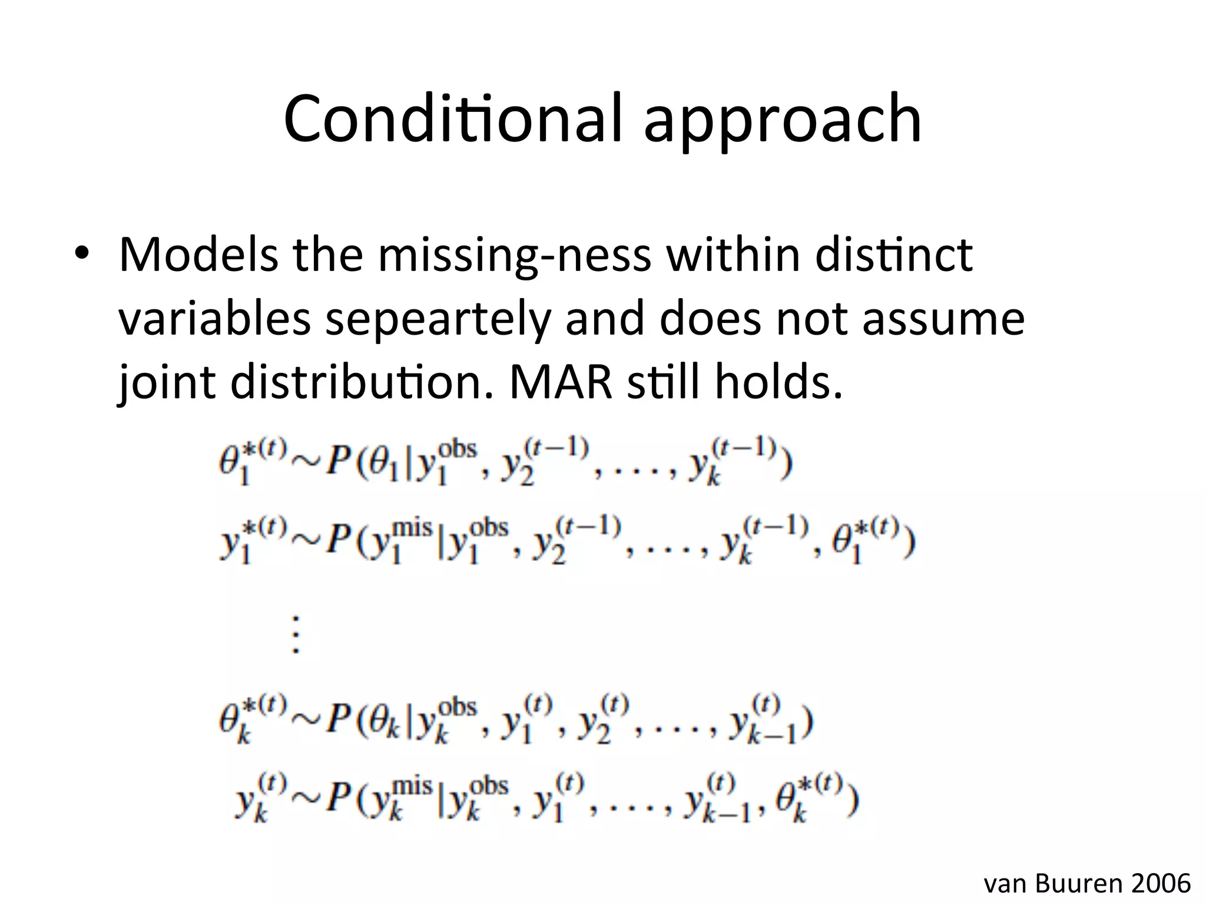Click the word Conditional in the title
pos(452,119)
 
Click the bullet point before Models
pos(81,255)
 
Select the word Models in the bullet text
pos(198,255)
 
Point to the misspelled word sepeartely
pos(438,319)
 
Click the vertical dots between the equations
pos(296,635)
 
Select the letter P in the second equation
pos(339,541)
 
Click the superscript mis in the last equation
pos(412,786)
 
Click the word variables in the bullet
pos(214,319)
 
